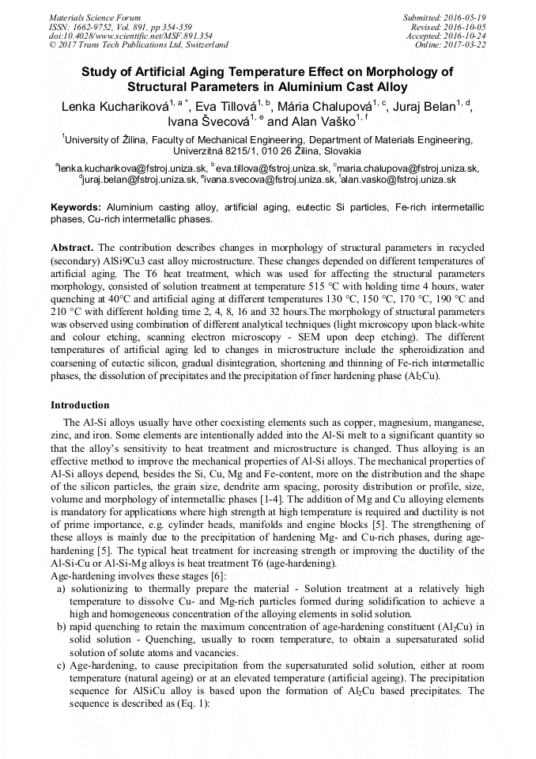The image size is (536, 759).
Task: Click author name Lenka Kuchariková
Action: tap(119, 108)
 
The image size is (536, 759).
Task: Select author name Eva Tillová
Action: tap(228, 108)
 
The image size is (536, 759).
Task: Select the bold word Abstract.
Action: tap(73, 248)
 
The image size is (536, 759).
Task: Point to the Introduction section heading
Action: tap(80, 404)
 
